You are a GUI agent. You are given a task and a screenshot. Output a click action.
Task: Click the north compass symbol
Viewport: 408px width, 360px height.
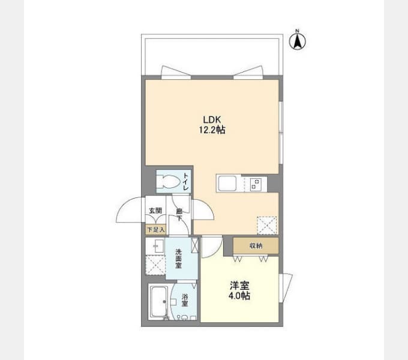(298, 40)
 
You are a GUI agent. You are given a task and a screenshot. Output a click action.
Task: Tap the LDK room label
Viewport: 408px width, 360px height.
(212, 120)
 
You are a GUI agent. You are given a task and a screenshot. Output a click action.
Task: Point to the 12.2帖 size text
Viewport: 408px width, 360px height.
(212, 130)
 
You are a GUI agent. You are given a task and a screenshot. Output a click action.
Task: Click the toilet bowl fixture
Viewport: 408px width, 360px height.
(170, 181)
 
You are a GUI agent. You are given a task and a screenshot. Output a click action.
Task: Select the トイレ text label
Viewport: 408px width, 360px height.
(186, 181)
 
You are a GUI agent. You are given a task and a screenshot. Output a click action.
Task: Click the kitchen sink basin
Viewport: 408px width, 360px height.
(227, 183)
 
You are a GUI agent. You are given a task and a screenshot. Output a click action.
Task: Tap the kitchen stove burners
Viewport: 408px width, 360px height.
(255, 184)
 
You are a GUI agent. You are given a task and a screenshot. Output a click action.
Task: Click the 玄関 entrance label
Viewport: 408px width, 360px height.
(155, 211)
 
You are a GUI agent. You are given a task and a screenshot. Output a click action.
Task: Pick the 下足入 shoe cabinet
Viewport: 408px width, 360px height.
(155, 230)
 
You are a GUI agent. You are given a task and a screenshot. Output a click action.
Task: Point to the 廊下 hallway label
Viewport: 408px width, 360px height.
(179, 214)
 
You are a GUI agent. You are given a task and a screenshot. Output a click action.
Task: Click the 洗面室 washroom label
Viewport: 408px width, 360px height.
(178, 259)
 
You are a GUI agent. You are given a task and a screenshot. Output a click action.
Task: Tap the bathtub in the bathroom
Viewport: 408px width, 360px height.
(159, 302)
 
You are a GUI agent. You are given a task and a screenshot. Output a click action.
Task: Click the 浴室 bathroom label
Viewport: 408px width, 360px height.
(185, 300)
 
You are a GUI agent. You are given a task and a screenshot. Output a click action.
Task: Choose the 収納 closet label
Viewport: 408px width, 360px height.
(256, 245)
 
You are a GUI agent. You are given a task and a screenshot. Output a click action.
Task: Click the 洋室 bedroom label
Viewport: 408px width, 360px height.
(239, 286)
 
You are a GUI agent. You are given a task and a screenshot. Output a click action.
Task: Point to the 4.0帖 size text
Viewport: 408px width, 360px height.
(239, 296)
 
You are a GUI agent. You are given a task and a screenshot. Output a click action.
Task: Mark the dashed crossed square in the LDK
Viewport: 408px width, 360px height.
(267, 226)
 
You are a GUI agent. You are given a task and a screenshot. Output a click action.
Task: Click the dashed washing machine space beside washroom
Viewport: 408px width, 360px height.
(155, 265)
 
